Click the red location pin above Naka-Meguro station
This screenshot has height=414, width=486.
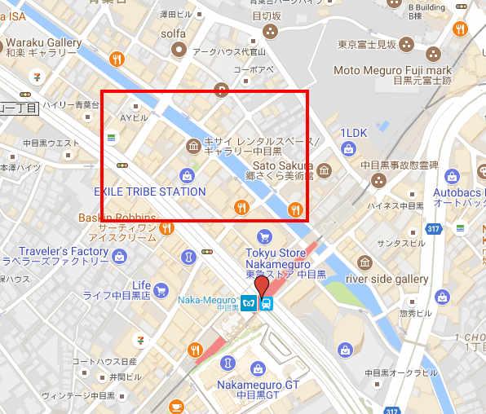[x=261, y=286]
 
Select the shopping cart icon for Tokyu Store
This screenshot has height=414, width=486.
[x=263, y=237]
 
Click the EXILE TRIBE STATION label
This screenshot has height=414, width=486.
[x=149, y=192]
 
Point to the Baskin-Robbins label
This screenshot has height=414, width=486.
[x=115, y=218]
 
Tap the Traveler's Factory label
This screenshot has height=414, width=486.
[x=55, y=250]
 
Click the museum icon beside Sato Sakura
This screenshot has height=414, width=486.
[x=325, y=170]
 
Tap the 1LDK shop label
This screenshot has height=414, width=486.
[x=353, y=132]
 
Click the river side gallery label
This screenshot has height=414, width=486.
[x=387, y=279]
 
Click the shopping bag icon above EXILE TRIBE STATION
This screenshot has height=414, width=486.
[x=188, y=174]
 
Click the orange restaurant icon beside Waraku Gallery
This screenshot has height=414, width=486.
[x=117, y=59]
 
